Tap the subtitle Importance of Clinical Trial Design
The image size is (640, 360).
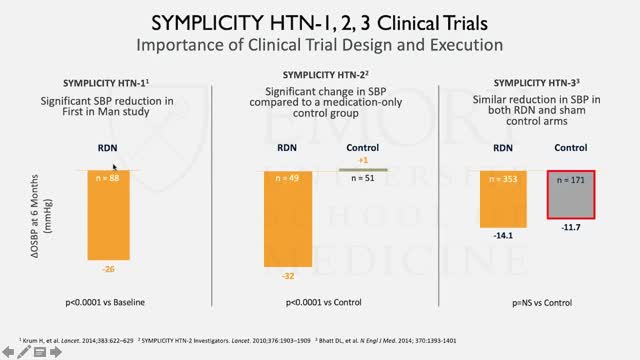point(320,45)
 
